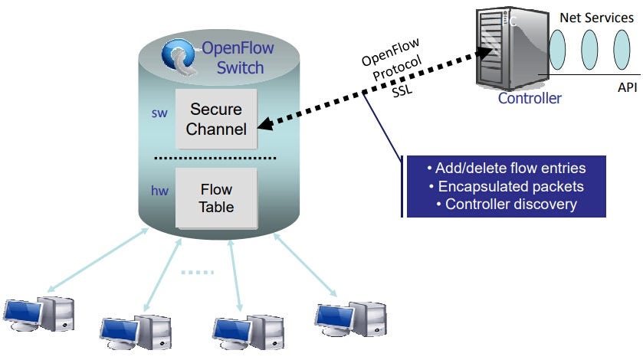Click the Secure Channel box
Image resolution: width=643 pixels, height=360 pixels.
(x=216, y=119)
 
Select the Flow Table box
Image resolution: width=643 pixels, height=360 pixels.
(x=216, y=197)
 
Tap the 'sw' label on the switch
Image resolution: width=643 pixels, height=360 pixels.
(x=159, y=113)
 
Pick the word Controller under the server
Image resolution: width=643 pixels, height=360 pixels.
(x=530, y=98)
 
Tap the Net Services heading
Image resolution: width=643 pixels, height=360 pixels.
(x=596, y=16)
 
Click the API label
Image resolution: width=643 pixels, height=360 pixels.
(x=627, y=87)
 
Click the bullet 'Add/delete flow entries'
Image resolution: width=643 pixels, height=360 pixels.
(x=506, y=169)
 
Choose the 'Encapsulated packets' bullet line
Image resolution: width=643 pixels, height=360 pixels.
(x=506, y=186)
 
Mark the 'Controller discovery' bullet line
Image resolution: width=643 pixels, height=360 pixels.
(x=506, y=204)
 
